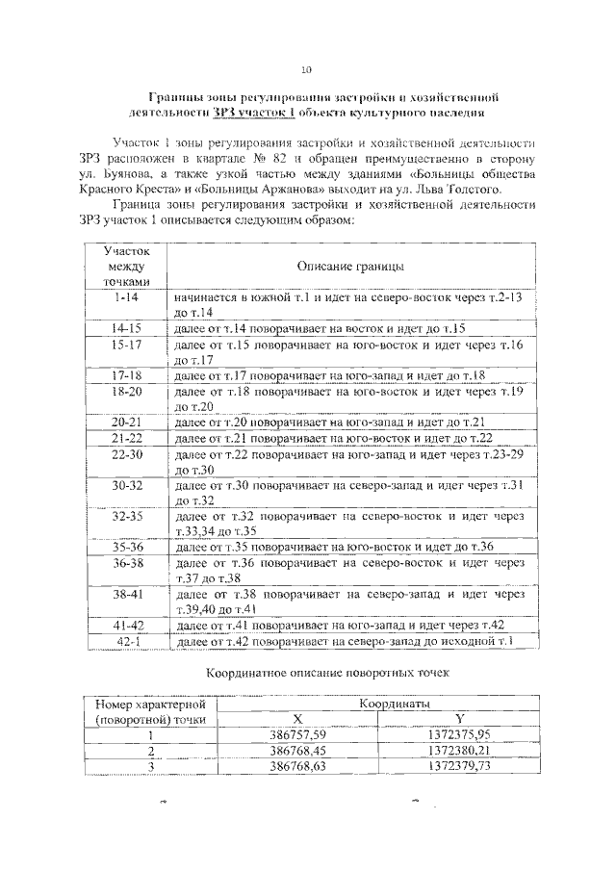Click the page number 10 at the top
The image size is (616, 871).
click(x=307, y=68)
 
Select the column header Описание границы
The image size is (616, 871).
click(x=349, y=265)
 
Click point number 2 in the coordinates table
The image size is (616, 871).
click(x=150, y=751)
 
